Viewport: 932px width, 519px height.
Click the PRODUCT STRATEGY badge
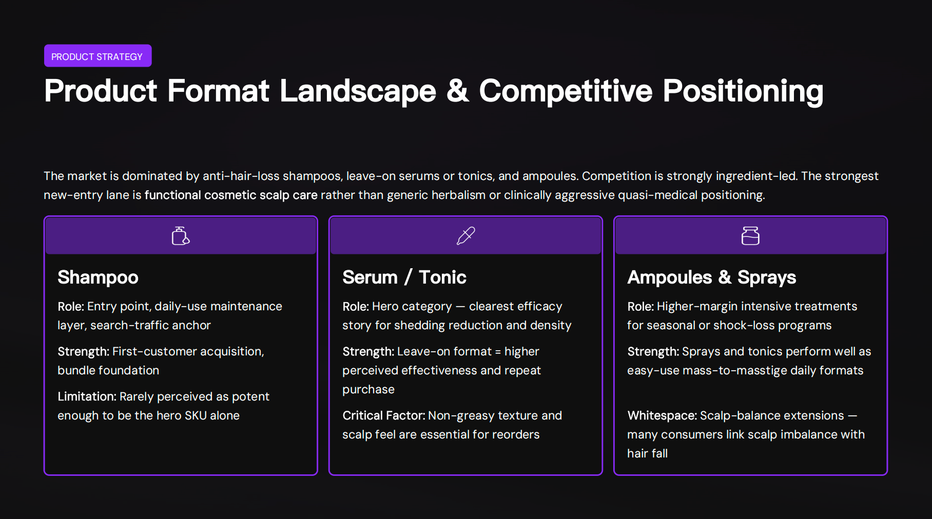pyautogui.click(x=98, y=56)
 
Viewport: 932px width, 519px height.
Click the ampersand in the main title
pyautogui.click(x=457, y=91)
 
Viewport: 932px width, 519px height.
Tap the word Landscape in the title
pyautogui.click(x=358, y=91)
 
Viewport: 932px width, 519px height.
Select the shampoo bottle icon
pyautogui.click(x=180, y=236)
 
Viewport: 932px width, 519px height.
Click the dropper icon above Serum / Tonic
pyautogui.click(x=465, y=236)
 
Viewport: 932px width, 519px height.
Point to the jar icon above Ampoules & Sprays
pyautogui.click(x=750, y=236)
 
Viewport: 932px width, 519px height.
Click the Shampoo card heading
pyautogui.click(x=98, y=277)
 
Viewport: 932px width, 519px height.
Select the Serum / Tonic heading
pyautogui.click(x=404, y=277)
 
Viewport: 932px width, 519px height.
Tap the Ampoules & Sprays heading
pyautogui.click(x=711, y=277)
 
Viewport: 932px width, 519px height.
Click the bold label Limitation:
pyautogui.click(x=87, y=396)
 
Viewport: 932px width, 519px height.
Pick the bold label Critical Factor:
pyautogui.click(x=383, y=415)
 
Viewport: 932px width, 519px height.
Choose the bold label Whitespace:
pyautogui.click(x=662, y=415)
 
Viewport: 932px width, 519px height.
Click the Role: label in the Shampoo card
pyautogui.click(x=71, y=306)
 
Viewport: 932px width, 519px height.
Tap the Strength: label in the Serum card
pyautogui.click(x=368, y=351)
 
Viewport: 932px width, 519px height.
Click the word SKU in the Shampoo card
pyautogui.click(x=196, y=415)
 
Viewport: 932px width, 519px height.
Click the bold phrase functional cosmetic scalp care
pyautogui.click(x=231, y=195)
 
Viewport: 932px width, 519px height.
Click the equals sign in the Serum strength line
pyautogui.click(x=497, y=352)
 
